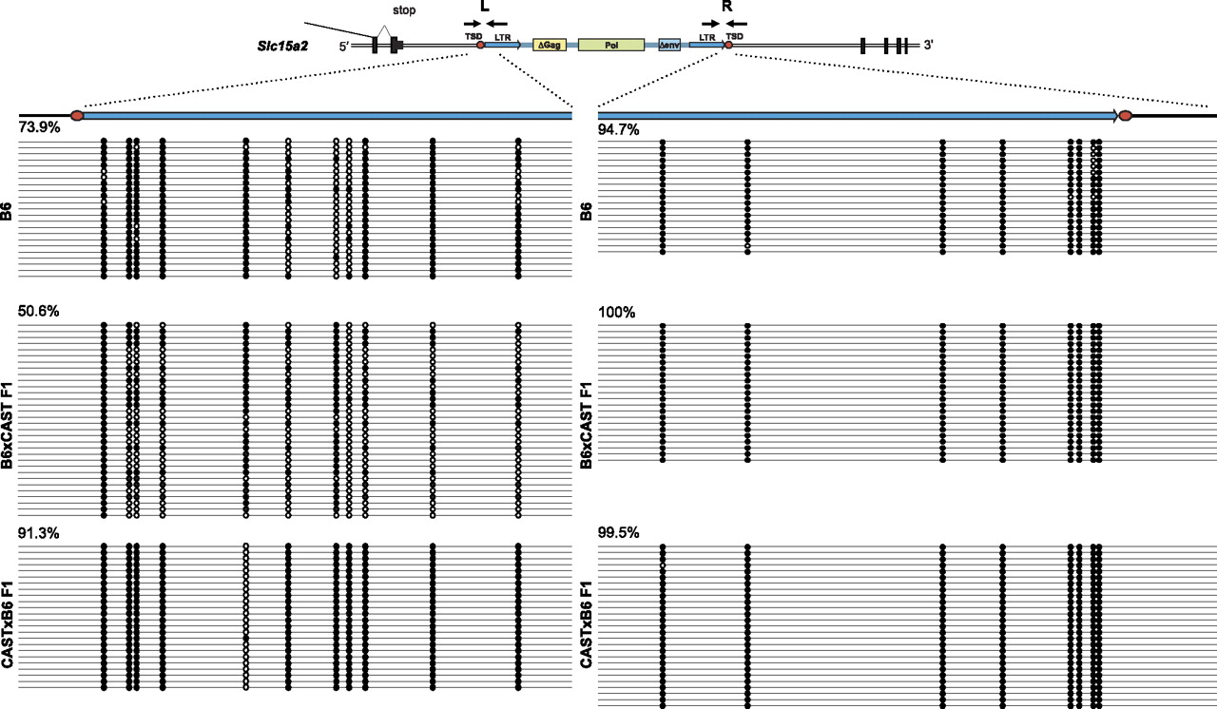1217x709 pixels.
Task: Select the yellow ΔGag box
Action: click(x=549, y=45)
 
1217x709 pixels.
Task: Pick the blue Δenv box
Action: click(x=669, y=45)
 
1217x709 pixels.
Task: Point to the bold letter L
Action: click(x=487, y=6)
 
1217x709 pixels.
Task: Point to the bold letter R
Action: click(x=727, y=6)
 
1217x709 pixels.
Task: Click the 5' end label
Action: click(x=346, y=45)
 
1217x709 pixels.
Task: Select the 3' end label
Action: click(x=929, y=45)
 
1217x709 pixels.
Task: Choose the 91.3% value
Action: click(x=38, y=533)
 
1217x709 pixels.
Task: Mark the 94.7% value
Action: click(x=617, y=129)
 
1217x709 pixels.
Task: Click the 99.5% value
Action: click(x=617, y=533)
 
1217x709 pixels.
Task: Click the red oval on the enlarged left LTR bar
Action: click(x=77, y=115)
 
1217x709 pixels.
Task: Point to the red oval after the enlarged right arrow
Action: click(x=1125, y=115)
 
